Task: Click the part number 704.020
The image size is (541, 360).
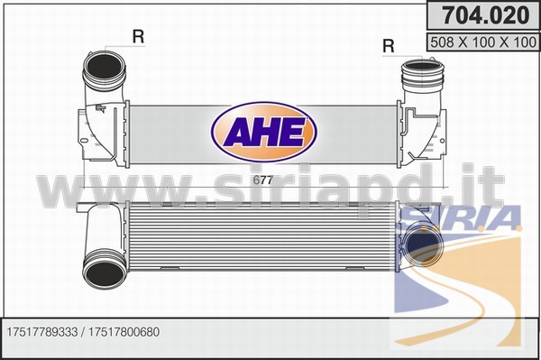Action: (485, 15)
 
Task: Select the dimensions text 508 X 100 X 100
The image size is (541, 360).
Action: (483, 42)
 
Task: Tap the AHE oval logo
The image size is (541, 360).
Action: (264, 133)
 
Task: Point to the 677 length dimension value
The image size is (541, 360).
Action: (263, 180)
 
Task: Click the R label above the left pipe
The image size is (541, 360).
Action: (138, 36)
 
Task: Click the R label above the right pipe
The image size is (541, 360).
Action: (388, 45)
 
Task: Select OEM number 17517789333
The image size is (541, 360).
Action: (42, 332)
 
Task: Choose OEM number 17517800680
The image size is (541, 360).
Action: (124, 332)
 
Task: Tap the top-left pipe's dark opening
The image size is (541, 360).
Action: (104, 67)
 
